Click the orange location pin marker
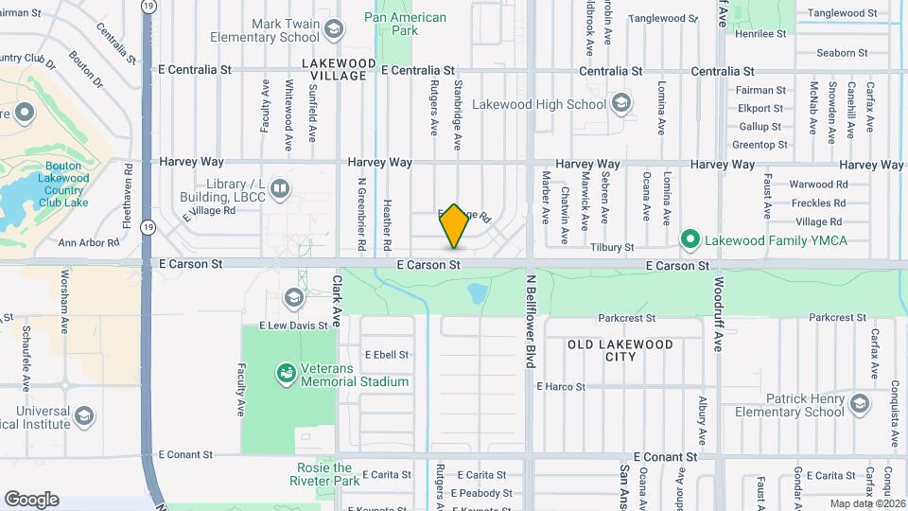tap(455, 226)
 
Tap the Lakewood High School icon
tap(621, 103)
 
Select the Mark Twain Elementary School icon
tap(332, 29)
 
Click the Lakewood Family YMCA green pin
tap(690, 238)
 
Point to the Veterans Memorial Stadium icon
tap(284, 374)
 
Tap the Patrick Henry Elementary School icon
tap(860, 404)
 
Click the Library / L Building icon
tap(279, 188)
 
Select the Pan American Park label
tap(405, 24)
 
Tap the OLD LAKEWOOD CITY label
tap(620, 350)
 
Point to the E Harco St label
tap(561, 386)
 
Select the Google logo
tap(31, 500)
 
